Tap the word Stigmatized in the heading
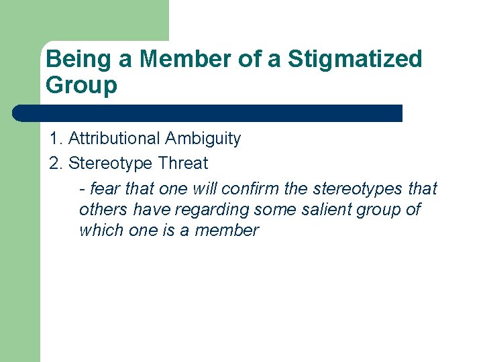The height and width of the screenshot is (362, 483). (x=355, y=59)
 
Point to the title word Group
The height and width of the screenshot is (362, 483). (x=81, y=85)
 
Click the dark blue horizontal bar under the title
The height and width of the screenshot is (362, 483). (x=208, y=113)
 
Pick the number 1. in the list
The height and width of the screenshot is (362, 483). (x=56, y=139)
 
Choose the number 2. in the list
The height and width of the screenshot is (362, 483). (x=56, y=163)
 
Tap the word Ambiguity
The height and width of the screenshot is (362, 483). (x=203, y=139)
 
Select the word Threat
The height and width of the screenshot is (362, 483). (x=183, y=163)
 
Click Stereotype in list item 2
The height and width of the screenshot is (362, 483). (x=111, y=163)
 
